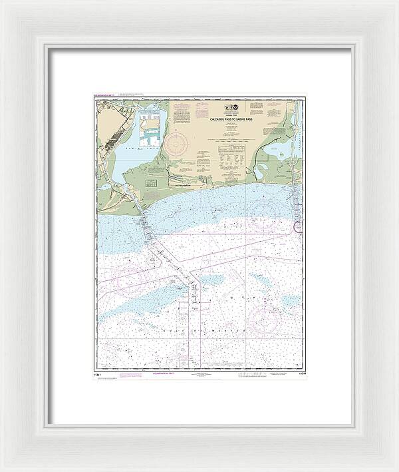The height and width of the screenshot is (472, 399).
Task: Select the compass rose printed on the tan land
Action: click(x=178, y=144)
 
